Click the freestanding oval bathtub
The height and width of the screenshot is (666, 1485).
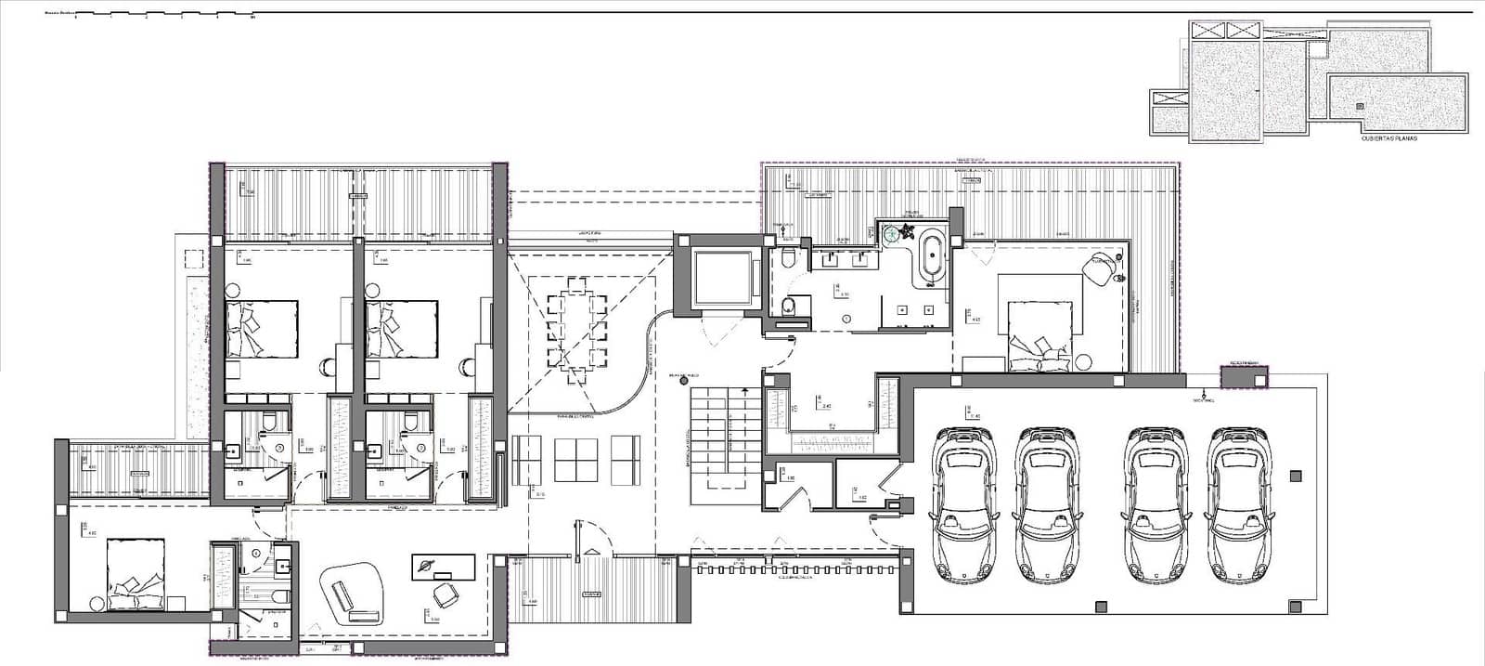930,253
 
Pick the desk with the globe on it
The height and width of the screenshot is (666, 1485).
444,566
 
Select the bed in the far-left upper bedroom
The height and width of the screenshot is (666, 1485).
262,329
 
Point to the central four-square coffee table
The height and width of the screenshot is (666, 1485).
573,459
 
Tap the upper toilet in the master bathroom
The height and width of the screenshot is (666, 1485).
788,257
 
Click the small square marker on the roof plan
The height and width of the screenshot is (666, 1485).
1360,106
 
